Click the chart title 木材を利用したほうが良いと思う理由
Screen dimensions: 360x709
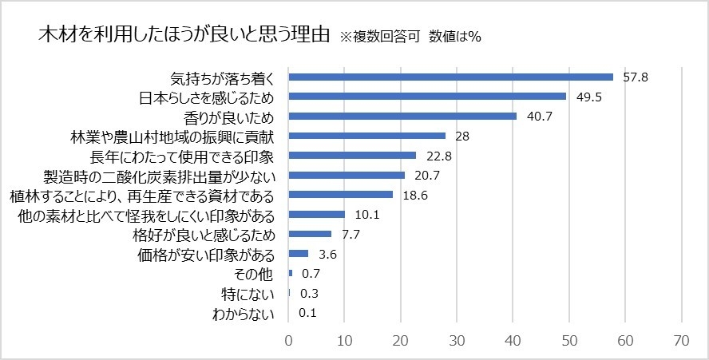[184, 36]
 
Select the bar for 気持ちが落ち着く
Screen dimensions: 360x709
[450, 77]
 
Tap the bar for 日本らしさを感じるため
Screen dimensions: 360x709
[427, 97]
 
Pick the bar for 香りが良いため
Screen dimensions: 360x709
[402, 117]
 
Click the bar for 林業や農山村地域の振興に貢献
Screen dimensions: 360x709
[367, 136]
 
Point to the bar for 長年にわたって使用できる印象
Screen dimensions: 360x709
[352, 156]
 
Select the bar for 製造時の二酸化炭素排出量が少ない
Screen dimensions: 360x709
[347, 175]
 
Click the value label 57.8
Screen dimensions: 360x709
[636, 77]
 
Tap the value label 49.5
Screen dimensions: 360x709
[589, 97]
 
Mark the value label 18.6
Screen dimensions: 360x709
[416, 195]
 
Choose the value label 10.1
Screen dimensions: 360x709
[368, 214]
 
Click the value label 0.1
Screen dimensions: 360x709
[307, 313]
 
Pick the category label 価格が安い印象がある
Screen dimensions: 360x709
[206, 255]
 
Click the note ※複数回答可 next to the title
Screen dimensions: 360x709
[380, 37]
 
